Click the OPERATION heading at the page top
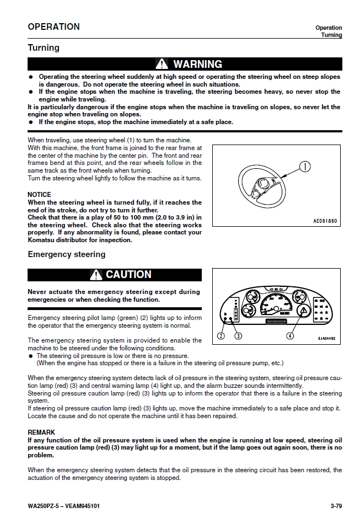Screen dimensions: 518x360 (x=53, y=26)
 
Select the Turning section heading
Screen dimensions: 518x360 (x=44, y=48)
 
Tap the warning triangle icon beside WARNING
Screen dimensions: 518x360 (x=162, y=65)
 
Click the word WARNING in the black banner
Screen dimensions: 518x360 (x=197, y=65)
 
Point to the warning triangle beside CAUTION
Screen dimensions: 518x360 (x=96, y=275)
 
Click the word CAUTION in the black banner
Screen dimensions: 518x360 (x=128, y=275)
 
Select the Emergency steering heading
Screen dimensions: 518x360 (x=66, y=254)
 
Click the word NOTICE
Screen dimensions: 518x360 (x=39, y=195)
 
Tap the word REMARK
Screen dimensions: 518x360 (x=41, y=432)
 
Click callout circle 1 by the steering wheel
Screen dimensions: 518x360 (x=306, y=165)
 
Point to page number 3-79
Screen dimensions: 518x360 (x=334, y=506)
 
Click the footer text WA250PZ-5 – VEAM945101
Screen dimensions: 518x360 (x=63, y=506)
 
